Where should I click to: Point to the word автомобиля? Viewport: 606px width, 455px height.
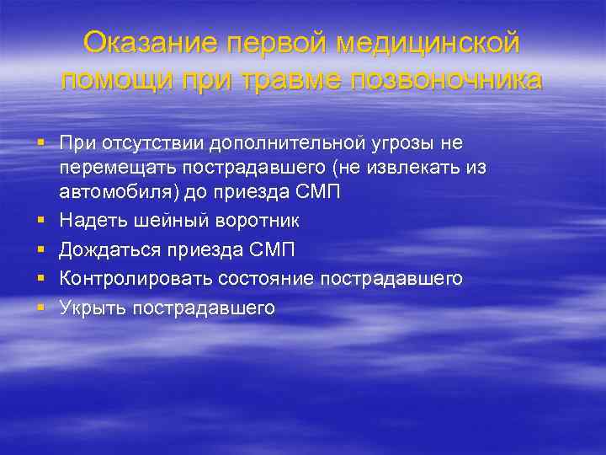coord(109,191)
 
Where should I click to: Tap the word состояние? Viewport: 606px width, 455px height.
coord(261,278)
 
